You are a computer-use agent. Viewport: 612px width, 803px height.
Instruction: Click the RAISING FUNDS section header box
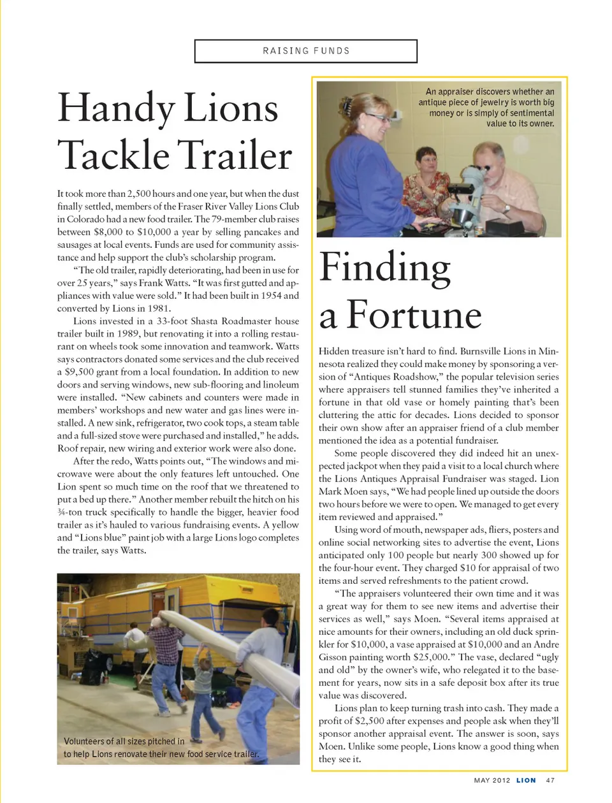(306, 51)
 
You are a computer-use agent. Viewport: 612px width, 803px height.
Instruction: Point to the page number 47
(550, 780)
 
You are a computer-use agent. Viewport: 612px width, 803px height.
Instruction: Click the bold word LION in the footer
(526, 780)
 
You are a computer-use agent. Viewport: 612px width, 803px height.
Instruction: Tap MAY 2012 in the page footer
(492, 780)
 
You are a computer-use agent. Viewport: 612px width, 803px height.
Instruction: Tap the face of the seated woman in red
(426, 159)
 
